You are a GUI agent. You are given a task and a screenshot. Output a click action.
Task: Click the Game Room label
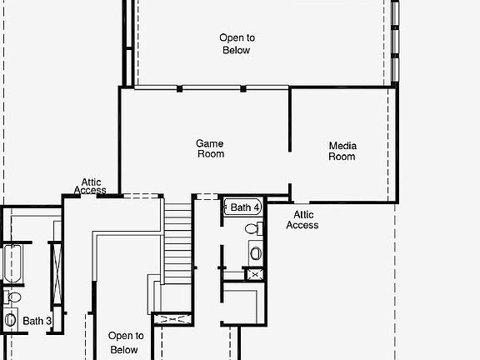pyautogui.click(x=210, y=148)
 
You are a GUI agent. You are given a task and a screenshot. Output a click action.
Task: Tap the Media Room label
pyautogui.click(x=342, y=151)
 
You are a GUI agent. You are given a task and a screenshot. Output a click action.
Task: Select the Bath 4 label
pyautogui.click(x=245, y=207)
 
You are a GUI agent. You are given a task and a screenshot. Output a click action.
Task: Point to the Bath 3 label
pyautogui.click(x=37, y=321)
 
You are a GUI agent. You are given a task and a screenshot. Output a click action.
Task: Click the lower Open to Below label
pyautogui.click(x=125, y=342)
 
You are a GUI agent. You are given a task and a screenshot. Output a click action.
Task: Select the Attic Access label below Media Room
pyautogui.click(x=302, y=219)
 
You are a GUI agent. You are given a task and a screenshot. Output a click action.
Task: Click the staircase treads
pyautogui.click(x=177, y=242)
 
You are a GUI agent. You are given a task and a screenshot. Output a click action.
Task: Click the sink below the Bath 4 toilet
pyautogui.click(x=256, y=251)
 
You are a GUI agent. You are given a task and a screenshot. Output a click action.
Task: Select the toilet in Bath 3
pyautogui.click(x=14, y=297)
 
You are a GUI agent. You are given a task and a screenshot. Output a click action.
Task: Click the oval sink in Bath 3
pyautogui.click(x=10, y=319)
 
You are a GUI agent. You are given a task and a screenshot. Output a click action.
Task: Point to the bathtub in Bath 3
pyautogui.click(x=12, y=262)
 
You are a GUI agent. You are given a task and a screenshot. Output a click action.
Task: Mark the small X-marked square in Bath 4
pyautogui.click(x=255, y=273)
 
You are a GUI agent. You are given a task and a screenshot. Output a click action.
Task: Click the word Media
pyautogui.click(x=342, y=146)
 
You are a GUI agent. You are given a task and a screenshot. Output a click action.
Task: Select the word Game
pyautogui.click(x=210, y=143)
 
